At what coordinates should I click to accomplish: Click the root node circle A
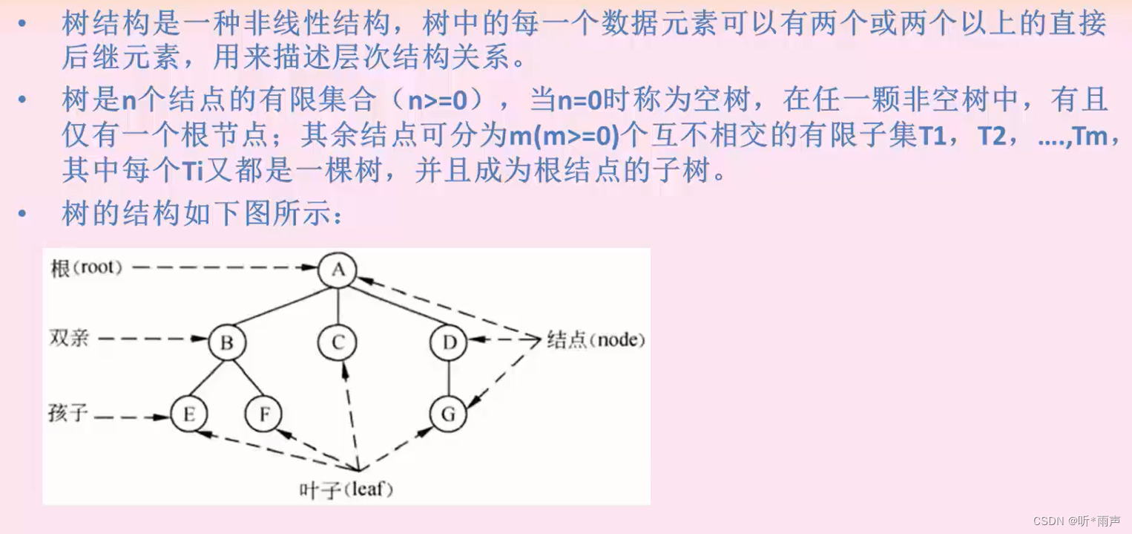(338, 270)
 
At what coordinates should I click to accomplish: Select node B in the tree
(227, 342)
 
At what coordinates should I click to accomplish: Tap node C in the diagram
(338, 342)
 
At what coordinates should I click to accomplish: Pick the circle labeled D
(449, 342)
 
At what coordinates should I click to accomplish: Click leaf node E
(188, 414)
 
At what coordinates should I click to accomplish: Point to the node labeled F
(264, 414)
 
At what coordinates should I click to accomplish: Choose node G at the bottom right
(448, 414)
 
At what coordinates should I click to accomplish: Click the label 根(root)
(86, 267)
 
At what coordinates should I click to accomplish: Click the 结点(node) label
(596, 340)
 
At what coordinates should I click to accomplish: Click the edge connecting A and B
(282, 307)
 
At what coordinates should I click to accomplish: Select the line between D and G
(449, 379)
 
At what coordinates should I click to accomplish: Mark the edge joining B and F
(246, 379)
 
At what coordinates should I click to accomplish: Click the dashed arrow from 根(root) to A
(223, 267)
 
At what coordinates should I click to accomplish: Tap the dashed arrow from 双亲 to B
(152, 339)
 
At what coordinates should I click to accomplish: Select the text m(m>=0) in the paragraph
(564, 137)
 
